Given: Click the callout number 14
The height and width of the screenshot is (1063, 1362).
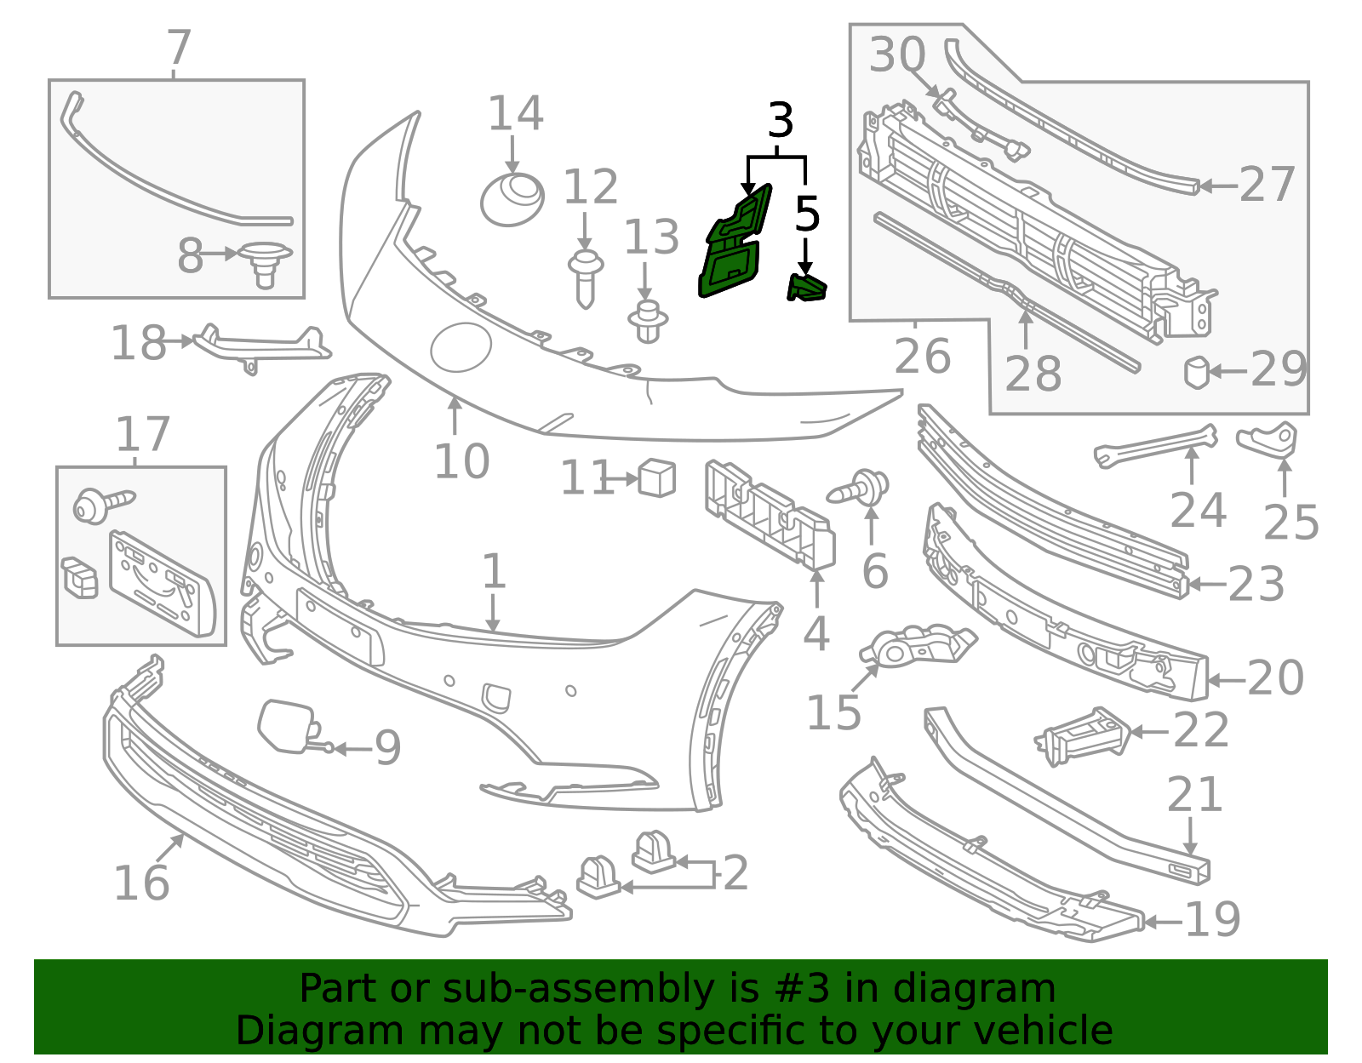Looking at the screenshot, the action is [515, 113].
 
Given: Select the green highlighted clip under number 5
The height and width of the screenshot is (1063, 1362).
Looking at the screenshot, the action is [806, 289].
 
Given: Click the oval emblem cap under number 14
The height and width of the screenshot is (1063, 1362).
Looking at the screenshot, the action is [512, 199].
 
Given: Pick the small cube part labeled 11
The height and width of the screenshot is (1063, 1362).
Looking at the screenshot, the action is [657, 478].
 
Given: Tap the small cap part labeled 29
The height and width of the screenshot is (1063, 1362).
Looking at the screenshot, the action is [1196, 372].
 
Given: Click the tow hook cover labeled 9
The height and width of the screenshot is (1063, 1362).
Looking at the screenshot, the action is [288, 726].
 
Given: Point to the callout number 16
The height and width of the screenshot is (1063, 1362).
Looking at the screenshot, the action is [141, 883].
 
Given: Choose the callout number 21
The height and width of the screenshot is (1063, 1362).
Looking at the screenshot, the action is [1194, 795].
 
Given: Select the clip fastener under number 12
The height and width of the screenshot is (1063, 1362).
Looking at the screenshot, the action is [586, 279].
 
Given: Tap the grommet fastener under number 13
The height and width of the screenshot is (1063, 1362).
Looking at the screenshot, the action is [648, 322].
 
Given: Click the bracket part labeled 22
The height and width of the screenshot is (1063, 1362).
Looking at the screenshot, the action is [1083, 736].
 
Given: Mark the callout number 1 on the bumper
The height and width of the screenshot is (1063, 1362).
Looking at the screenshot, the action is [494, 571].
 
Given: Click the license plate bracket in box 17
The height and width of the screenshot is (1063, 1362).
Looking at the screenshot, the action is [162, 584].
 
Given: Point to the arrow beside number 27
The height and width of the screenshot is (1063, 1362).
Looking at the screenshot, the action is [1218, 186].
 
